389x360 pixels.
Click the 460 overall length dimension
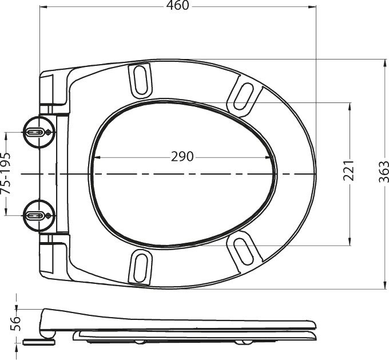click(177, 5)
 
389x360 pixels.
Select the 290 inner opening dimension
click(182, 157)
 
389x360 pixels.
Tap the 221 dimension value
click(349, 171)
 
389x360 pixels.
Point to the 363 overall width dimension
click(384, 172)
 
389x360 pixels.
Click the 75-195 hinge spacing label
click(6, 173)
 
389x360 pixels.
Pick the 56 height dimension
click(17, 323)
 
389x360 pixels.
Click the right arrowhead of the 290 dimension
click(271, 157)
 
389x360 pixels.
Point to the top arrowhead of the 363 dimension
click(384, 61)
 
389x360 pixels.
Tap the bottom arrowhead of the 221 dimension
click(350, 243)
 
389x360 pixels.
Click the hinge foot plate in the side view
click(39, 341)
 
